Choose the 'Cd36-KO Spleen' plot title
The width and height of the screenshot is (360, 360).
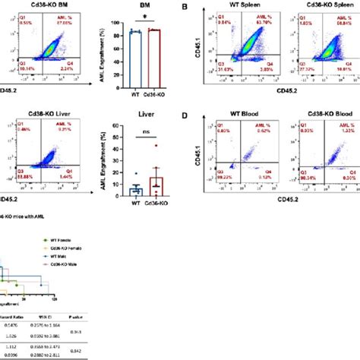point(308,7)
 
